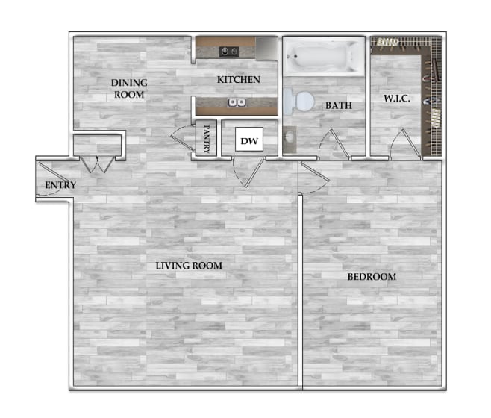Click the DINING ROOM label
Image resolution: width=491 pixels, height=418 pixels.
(x=129, y=88)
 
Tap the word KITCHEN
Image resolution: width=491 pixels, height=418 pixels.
(x=238, y=80)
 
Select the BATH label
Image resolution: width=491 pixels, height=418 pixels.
(x=338, y=106)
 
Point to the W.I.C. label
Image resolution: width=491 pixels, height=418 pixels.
(x=398, y=98)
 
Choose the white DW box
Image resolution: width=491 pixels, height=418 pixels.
(x=248, y=140)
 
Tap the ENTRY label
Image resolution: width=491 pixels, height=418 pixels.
(x=60, y=185)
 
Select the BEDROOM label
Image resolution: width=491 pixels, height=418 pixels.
(x=371, y=277)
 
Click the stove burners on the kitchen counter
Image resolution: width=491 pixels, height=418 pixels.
(x=228, y=52)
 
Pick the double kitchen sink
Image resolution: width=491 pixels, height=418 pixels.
(x=237, y=102)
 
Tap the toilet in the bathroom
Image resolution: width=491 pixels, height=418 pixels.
(x=299, y=100)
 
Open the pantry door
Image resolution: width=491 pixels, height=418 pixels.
(x=181, y=140)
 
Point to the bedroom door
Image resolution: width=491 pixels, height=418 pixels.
(x=312, y=178)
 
